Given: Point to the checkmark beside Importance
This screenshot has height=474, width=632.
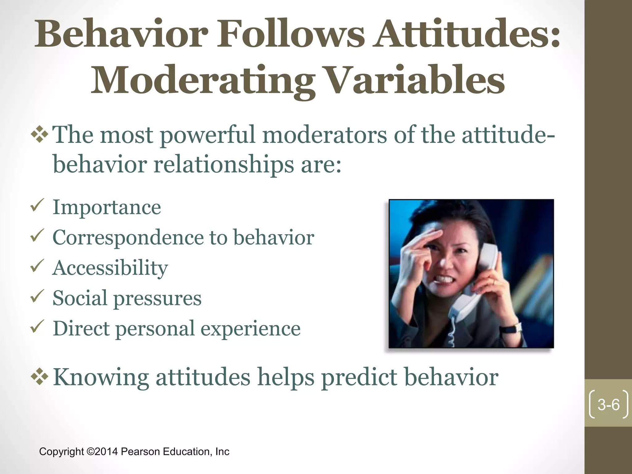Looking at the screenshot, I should pos(37,206).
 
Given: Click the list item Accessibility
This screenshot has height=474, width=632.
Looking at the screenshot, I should pos(110,268).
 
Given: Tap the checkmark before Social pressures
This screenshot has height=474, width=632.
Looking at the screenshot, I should pos(37,297).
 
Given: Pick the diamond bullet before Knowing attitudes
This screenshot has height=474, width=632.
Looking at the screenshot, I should pos(40,376).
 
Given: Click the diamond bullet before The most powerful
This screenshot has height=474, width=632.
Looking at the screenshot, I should pos(40,135).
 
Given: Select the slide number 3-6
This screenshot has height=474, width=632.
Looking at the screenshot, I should pos(608,405).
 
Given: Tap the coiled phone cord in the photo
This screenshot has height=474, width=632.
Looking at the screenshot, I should pos(452,335).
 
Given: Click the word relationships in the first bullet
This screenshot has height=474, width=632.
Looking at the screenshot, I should pos(223,164).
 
